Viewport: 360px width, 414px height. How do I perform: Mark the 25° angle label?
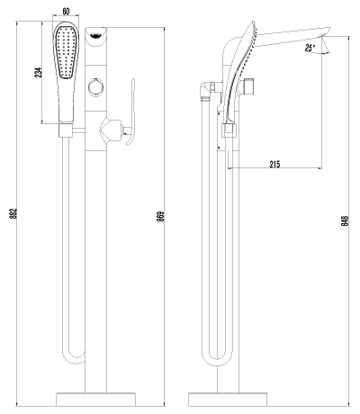click(x=311, y=47)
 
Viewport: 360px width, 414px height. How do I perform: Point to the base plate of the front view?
click(x=95, y=398)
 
